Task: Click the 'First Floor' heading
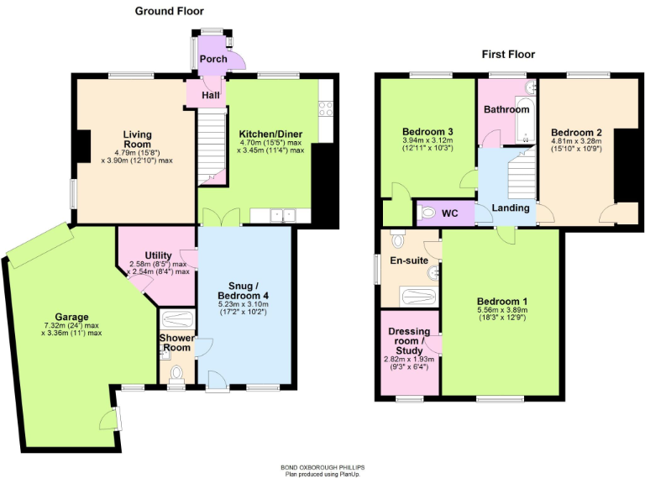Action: [x=508, y=55]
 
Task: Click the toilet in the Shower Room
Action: [x=176, y=374]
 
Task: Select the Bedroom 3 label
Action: [x=427, y=132]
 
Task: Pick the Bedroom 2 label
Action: [x=576, y=132]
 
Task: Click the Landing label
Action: [x=510, y=208]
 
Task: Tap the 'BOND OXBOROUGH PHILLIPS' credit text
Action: [x=322, y=467]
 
